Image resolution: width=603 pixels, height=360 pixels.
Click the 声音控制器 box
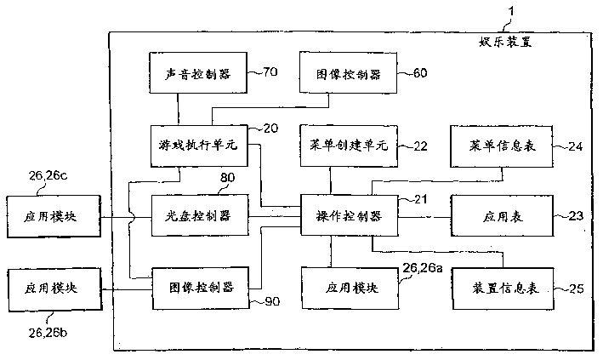[195, 73]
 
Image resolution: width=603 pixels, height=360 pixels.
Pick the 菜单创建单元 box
[346, 146]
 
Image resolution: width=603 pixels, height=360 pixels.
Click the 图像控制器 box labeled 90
[201, 286]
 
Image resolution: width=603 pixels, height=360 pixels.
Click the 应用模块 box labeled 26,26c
[53, 217]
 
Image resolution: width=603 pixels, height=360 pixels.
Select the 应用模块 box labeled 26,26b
[53, 286]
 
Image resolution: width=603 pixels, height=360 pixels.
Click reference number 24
[575, 146]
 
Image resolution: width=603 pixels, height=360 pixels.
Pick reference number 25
[575, 289]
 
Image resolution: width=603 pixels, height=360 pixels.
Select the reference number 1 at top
[510, 11]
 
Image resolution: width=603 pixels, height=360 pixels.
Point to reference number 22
[419, 146]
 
